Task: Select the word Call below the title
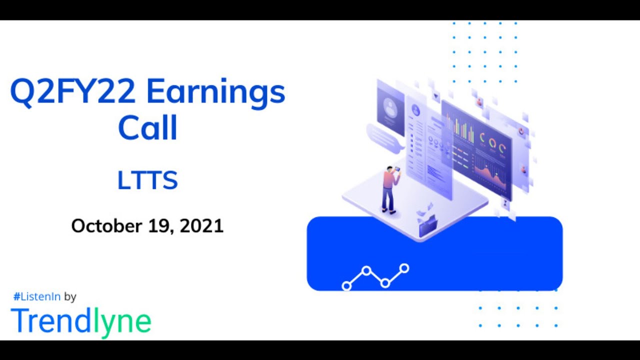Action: point(147,128)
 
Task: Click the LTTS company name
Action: point(147,180)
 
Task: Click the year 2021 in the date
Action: point(201,226)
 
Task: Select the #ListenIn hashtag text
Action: point(37,296)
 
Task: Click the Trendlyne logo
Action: point(80,321)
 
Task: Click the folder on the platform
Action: point(427,225)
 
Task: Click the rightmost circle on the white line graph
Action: point(404,269)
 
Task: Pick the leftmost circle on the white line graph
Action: point(346,286)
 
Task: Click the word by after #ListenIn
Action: point(70,296)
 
